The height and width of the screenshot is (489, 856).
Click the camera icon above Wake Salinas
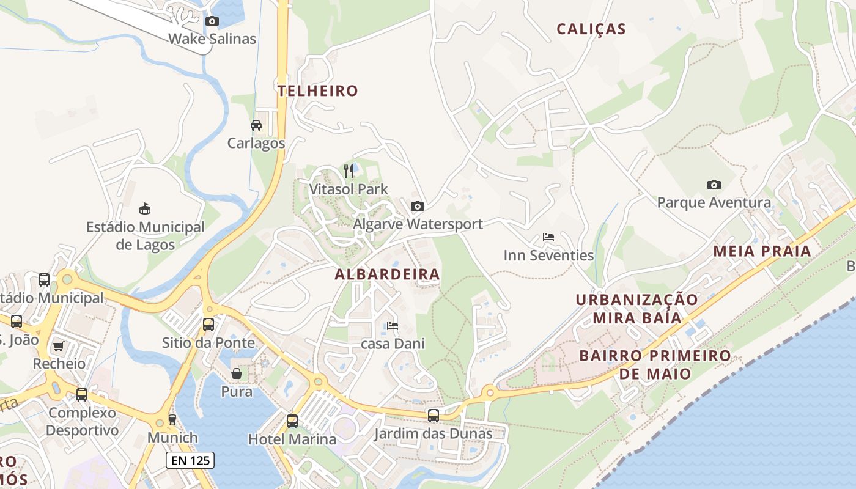pyautogui.click(x=212, y=21)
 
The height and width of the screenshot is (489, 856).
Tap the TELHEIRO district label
pyautogui.click(x=318, y=91)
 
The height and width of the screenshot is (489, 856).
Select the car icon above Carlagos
pyautogui.click(x=256, y=125)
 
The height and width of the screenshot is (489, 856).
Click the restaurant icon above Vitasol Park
pyautogui.click(x=349, y=171)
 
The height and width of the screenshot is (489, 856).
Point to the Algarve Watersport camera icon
pyautogui.click(x=418, y=207)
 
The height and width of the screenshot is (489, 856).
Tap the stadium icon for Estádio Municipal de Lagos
pyautogui.click(x=145, y=209)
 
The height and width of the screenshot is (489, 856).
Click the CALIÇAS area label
pyautogui.click(x=591, y=29)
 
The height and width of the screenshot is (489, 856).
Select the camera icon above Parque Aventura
pyautogui.click(x=714, y=185)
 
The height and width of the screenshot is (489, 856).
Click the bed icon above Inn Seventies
pyautogui.click(x=548, y=237)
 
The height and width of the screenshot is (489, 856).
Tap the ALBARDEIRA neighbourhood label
pyautogui.click(x=387, y=274)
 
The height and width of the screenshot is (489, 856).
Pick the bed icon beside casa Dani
pyautogui.click(x=393, y=326)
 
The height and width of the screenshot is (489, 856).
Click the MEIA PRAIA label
pyautogui.click(x=762, y=251)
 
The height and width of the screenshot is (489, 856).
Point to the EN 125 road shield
pyautogui.click(x=190, y=460)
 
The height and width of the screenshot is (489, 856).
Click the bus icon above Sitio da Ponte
pyautogui.click(x=208, y=325)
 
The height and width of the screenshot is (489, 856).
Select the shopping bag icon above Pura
pyautogui.click(x=236, y=373)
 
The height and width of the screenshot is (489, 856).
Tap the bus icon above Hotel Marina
pyautogui.click(x=292, y=421)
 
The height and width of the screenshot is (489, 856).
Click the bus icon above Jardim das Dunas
pyautogui.click(x=434, y=416)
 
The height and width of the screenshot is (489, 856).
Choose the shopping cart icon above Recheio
pyautogui.click(x=59, y=347)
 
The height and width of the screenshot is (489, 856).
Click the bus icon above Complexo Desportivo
pyautogui.click(x=82, y=395)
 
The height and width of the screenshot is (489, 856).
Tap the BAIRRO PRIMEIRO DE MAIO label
pyautogui.click(x=655, y=364)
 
